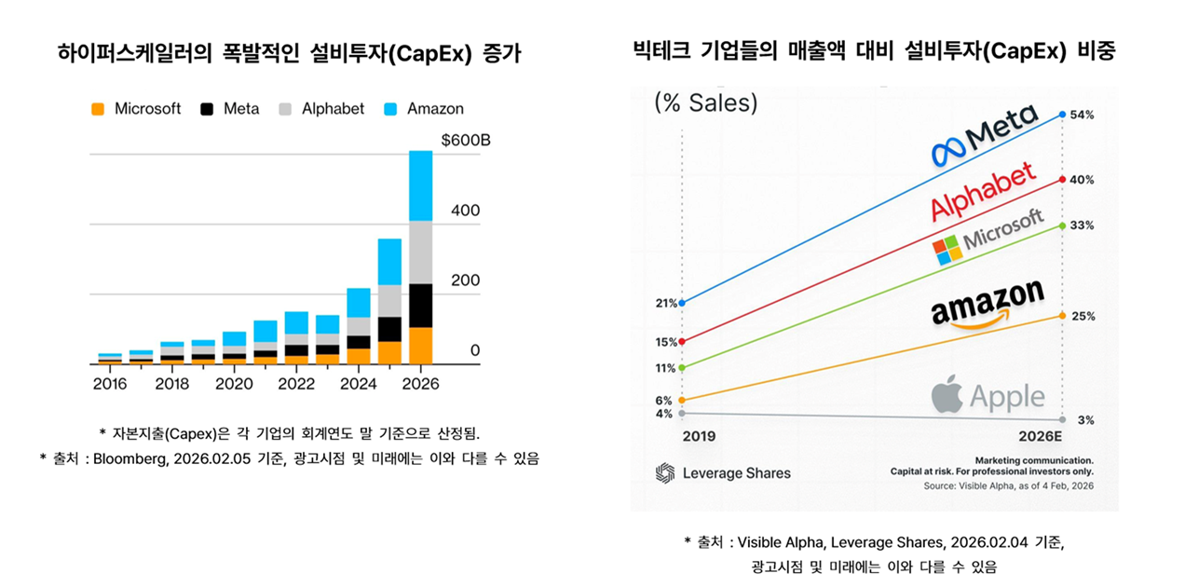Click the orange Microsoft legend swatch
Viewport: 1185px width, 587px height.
coord(98,109)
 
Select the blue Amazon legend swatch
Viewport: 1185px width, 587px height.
coord(391,109)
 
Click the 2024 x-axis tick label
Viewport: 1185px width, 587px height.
coord(360,384)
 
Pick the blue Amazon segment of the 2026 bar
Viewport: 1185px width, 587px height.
coord(421,185)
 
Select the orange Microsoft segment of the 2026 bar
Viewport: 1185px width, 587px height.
coord(421,345)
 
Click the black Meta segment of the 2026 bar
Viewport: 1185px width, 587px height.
coord(421,306)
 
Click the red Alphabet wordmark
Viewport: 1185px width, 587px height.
coord(983,192)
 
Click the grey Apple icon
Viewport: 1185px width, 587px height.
coord(947,395)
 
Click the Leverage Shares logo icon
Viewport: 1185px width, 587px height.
coord(664,472)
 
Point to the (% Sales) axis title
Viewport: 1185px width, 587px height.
coord(706,102)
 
